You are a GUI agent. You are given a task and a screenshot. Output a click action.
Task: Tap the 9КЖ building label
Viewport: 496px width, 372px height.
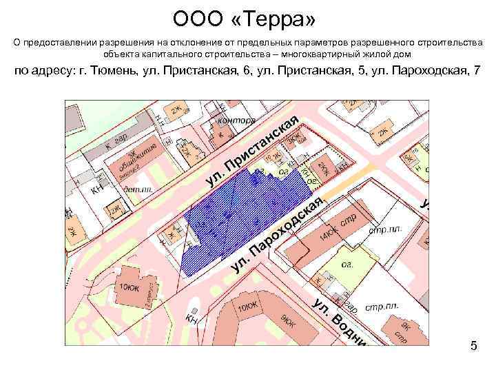(x=288, y=321)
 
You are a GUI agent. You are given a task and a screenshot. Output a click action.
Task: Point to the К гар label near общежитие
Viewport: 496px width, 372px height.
(x=116, y=143)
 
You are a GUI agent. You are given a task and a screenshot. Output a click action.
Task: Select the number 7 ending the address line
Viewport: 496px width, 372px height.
(x=477, y=71)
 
